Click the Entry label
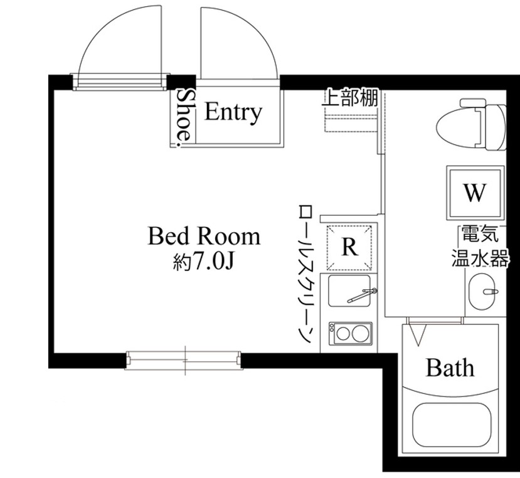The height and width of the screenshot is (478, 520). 233,112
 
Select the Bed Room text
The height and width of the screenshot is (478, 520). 203,236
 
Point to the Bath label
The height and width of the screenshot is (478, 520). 450,367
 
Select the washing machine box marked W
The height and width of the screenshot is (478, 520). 474,193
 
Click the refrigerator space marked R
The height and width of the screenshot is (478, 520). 349,246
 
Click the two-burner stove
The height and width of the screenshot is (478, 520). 351,334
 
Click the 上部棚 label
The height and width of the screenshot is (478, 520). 350,98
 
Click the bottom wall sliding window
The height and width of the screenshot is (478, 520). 184,359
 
